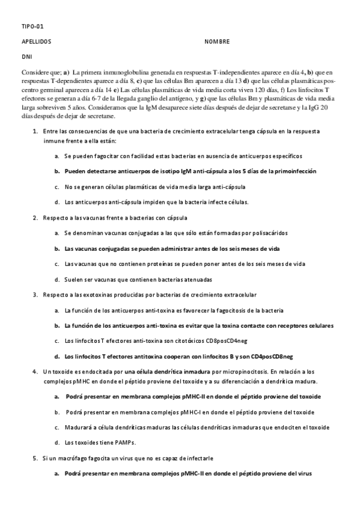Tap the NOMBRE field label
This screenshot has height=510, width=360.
216,43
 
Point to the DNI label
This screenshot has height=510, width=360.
26,59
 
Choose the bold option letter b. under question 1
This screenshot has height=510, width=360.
56,171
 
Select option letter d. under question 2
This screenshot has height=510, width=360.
56,280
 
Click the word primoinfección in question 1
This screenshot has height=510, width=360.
292,171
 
